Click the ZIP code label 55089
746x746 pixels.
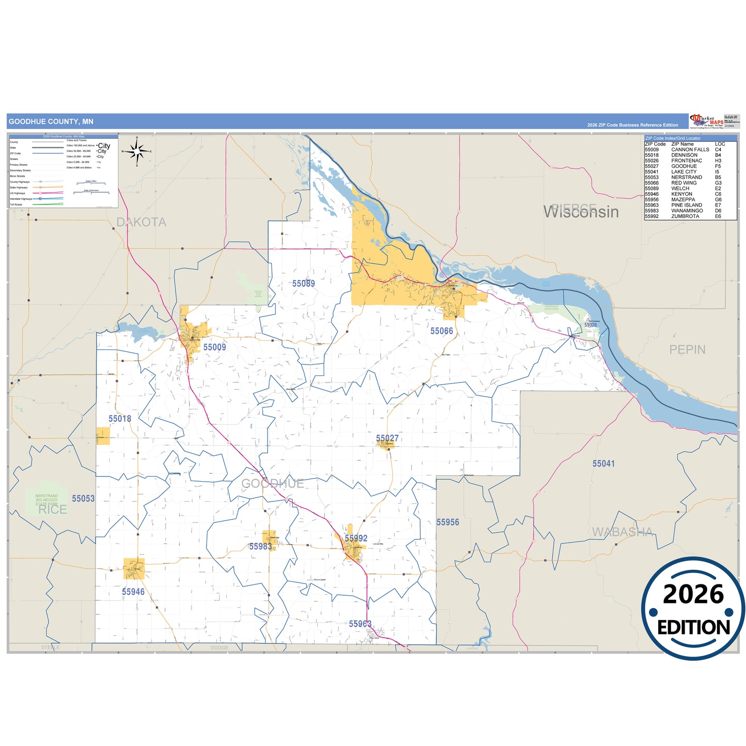coord(303,283)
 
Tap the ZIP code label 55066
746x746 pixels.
coord(441,331)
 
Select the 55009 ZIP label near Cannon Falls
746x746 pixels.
coord(214,347)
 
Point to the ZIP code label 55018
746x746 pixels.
coord(120,419)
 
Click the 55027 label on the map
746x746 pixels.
coord(387,438)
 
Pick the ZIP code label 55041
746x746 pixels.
coord(603,464)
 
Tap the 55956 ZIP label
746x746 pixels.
coord(448,522)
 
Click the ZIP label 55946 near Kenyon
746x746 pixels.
coord(133,592)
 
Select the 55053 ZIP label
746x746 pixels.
coord(83,498)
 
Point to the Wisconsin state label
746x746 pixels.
coord(581,212)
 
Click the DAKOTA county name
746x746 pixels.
coord(141,222)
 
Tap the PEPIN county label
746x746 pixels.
coord(687,350)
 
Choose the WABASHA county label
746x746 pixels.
coord(622,532)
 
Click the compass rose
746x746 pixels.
coord(137,151)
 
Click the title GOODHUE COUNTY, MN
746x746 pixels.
coord(51,121)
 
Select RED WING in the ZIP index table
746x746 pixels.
coord(684,183)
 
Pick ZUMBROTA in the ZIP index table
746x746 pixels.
coord(685,216)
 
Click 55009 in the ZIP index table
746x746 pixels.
coord(652,150)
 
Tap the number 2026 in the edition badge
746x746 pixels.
coord(693,594)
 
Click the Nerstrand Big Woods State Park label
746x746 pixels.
coord(46,500)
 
